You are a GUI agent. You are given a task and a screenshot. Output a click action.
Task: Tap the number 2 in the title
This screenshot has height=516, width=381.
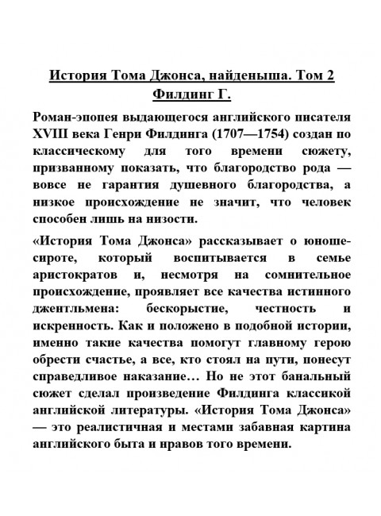[x=329, y=77]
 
